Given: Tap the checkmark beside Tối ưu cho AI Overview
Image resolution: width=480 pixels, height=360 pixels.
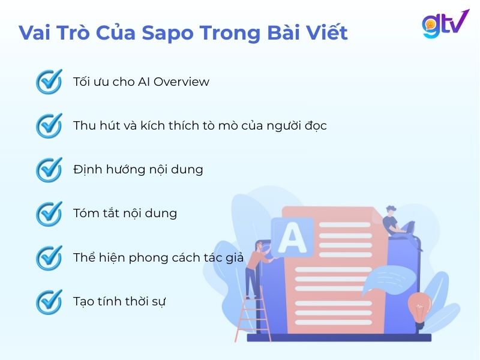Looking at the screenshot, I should (49, 82).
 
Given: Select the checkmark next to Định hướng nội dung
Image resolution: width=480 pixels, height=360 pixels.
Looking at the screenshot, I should (49, 169).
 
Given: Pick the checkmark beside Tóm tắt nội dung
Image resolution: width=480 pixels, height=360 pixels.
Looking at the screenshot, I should (49, 213).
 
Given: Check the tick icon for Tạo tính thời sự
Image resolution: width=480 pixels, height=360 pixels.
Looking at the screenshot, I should (49, 301).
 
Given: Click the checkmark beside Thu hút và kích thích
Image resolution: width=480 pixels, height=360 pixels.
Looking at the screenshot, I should (49, 125).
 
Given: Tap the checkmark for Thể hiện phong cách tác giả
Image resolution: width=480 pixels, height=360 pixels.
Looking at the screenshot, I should (49, 257).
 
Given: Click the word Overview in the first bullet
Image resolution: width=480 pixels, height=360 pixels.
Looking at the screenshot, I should (182, 82).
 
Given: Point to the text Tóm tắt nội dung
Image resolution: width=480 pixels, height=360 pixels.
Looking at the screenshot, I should (125, 213).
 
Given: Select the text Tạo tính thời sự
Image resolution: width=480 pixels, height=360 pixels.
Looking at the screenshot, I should (119, 301).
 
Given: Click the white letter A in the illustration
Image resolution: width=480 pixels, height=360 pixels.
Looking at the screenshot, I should (292, 237).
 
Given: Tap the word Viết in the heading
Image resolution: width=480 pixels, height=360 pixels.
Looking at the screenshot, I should (325, 32).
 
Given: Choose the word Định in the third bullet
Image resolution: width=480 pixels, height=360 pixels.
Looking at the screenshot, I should (88, 169).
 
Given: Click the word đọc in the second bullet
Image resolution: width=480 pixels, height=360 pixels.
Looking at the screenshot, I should (314, 125).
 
